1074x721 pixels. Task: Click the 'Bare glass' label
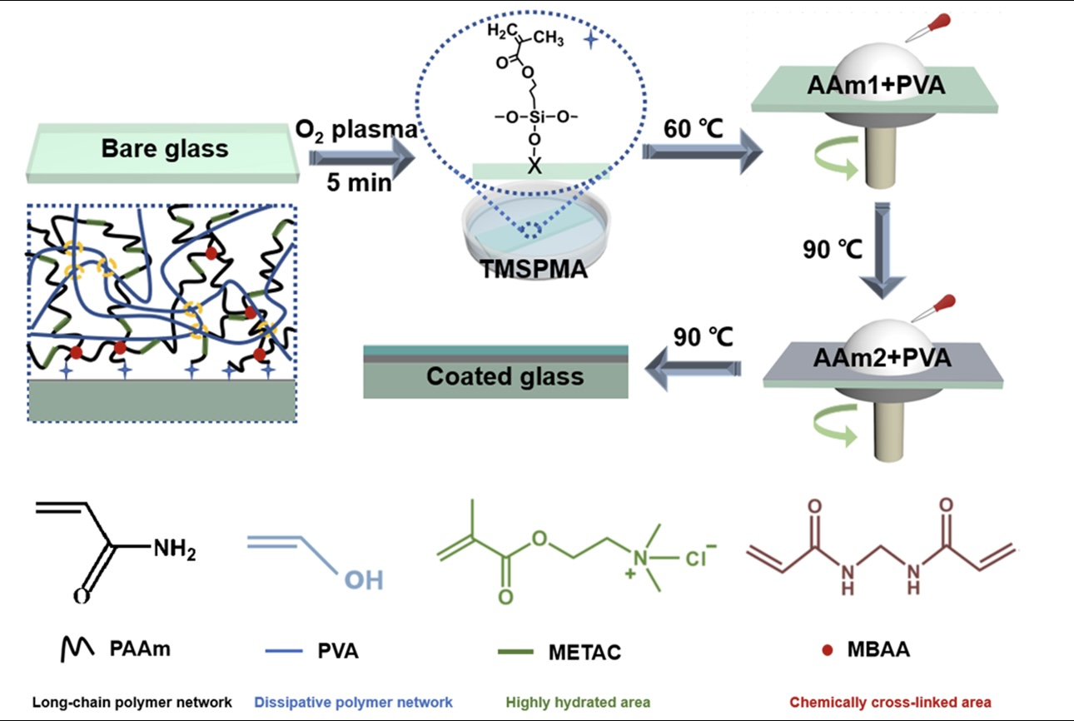tap(165, 150)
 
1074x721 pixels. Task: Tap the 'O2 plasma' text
tap(358, 130)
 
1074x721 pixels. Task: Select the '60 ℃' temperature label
tap(693, 129)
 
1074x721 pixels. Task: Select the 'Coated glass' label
tap(505, 376)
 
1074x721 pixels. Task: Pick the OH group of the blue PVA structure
tap(365, 579)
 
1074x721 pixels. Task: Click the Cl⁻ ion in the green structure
tap(699, 558)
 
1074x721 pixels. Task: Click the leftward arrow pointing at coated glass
tap(695, 363)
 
